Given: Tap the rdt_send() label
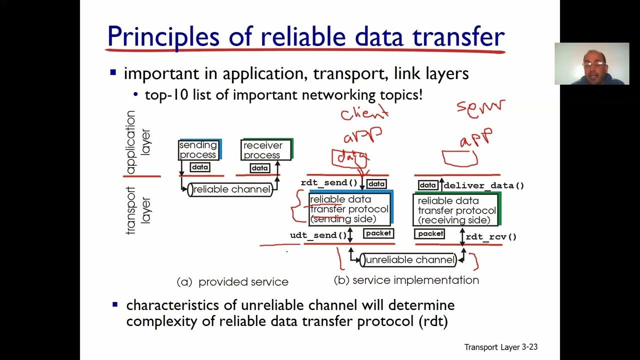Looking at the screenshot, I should (329, 183).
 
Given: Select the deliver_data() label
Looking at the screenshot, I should (483, 185).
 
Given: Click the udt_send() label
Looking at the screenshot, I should (318, 235).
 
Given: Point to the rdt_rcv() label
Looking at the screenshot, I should (491, 236).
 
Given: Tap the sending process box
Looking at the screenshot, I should (199, 150).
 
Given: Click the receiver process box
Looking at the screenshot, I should (265, 150).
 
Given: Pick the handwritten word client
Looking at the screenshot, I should (364, 112).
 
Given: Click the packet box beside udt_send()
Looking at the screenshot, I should (378, 233).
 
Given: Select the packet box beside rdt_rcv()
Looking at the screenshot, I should (430, 233).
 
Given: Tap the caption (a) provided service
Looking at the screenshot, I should (232, 282).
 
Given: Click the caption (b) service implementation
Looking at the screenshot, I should (406, 280).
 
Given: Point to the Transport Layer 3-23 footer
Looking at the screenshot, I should (500, 347).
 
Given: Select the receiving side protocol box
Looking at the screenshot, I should (456, 210).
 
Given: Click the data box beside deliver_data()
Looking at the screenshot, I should (427, 185).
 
